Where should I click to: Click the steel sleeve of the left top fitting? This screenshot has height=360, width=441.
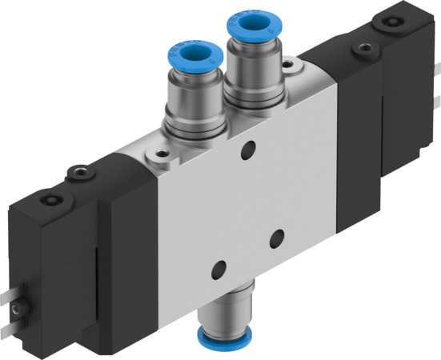(188, 104)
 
